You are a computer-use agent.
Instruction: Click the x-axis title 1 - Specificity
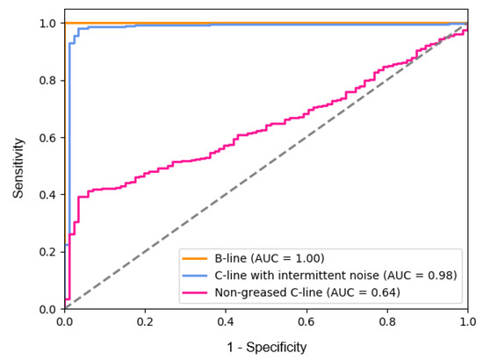(x=266, y=348)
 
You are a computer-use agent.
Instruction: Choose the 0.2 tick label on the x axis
(x=145, y=322)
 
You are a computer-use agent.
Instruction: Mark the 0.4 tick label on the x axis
(x=226, y=322)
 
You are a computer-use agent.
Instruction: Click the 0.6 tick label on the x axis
(x=306, y=322)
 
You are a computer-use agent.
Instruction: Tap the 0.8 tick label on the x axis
(x=387, y=322)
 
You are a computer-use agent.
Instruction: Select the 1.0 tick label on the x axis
(x=467, y=322)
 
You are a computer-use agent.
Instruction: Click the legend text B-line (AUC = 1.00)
(x=270, y=258)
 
